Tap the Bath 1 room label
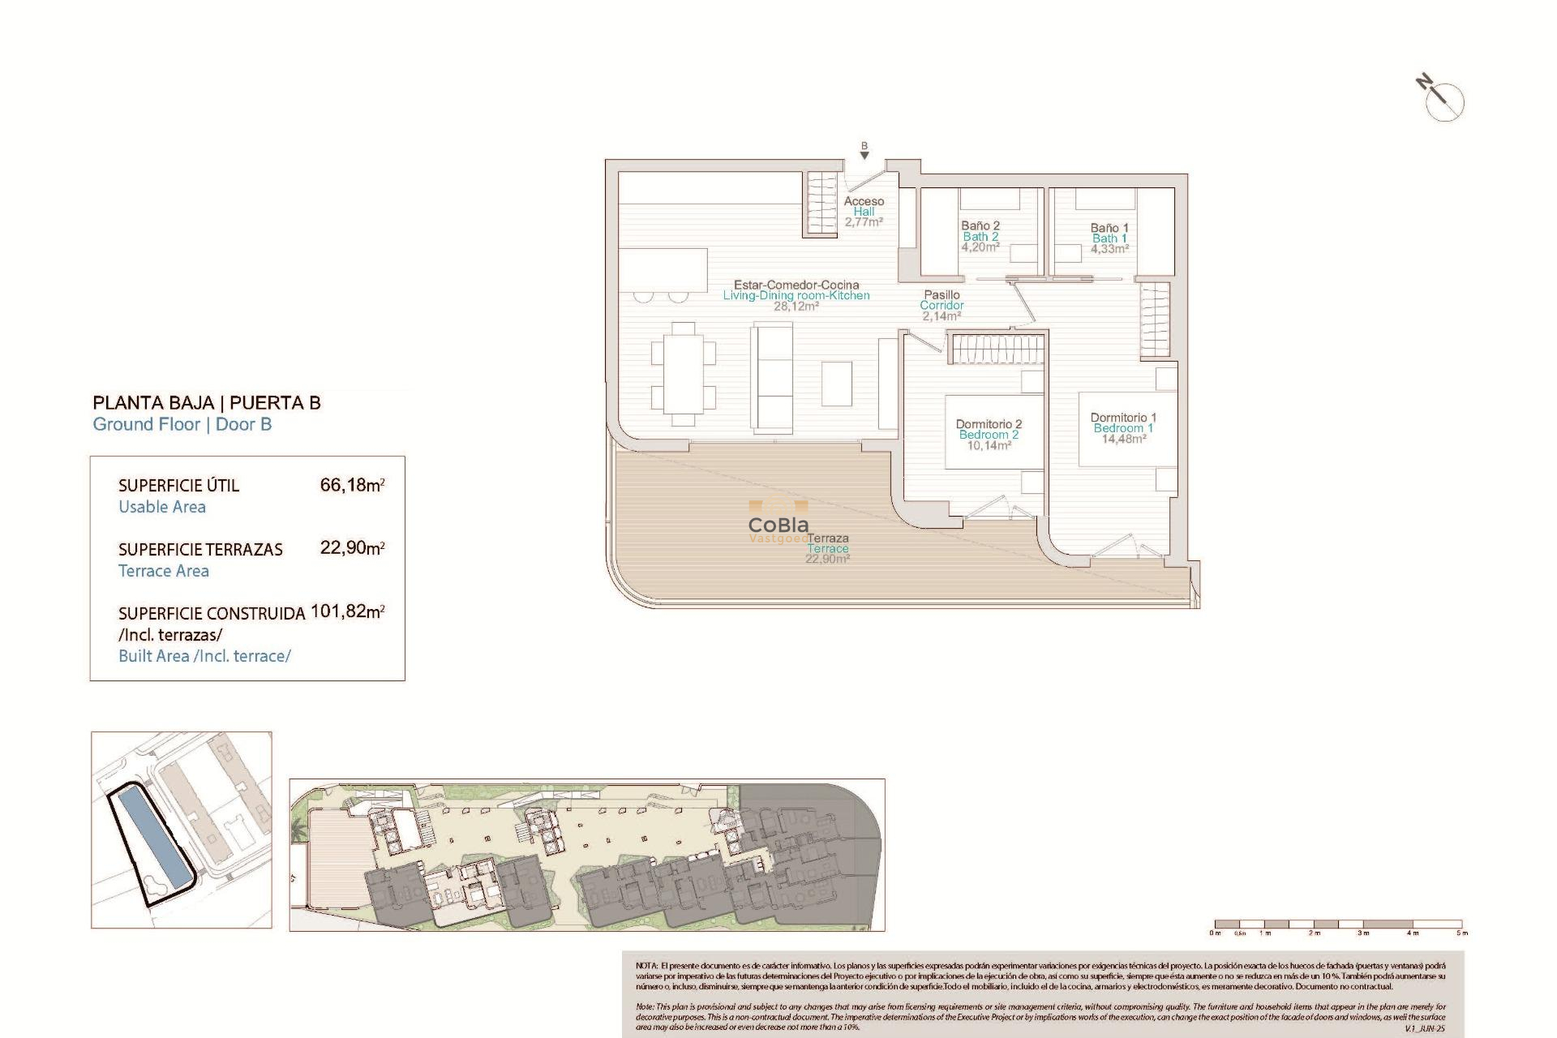click(1109, 238)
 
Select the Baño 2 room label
click(980, 225)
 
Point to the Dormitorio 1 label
click(1123, 418)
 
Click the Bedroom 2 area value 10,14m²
click(989, 445)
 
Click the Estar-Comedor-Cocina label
click(796, 285)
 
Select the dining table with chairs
click(684, 374)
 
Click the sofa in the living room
click(772, 375)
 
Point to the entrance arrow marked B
click(864, 152)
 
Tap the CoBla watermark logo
click(778, 525)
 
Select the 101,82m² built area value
click(347, 611)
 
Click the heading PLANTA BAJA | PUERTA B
click(207, 403)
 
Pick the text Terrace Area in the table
click(164, 571)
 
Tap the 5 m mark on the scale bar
click(1461, 933)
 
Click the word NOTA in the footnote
click(646, 966)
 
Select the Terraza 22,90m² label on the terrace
click(828, 548)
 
